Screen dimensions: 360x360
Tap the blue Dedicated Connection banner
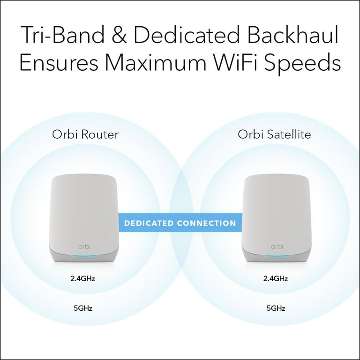tap(180, 223)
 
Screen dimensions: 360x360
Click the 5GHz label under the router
tap(83, 308)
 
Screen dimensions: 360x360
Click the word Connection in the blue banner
tap(206, 223)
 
